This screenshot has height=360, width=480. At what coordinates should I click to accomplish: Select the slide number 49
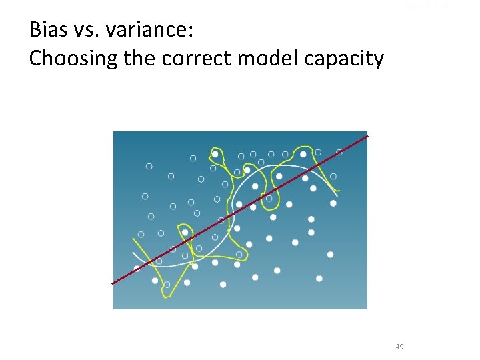(x=399, y=346)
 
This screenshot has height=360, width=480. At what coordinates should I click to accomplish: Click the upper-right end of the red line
(x=367, y=136)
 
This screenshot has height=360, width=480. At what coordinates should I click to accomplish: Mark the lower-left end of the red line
(x=112, y=284)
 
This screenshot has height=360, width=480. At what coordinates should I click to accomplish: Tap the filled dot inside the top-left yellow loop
(x=215, y=154)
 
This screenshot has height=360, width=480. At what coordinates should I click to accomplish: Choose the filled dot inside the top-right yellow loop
(x=303, y=154)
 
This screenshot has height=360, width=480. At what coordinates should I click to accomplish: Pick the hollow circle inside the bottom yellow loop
(x=167, y=285)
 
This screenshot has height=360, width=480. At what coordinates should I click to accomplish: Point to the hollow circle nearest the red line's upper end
(x=339, y=153)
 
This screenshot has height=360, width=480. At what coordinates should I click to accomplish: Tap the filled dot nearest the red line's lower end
(x=137, y=269)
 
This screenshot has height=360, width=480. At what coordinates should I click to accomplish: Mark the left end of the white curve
(x=133, y=253)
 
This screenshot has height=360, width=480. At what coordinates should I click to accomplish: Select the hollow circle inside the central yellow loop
(x=269, y=198)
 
